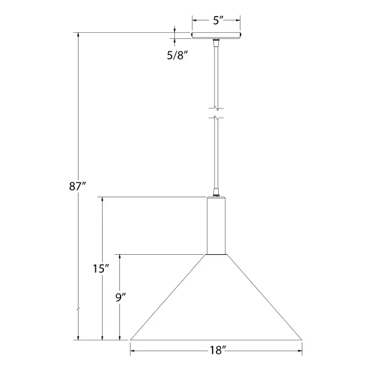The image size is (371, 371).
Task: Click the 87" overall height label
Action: [x=77, y=187]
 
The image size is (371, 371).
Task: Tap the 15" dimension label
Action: [x=101, y=268]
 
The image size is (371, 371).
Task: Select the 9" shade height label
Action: [x=121, y=297]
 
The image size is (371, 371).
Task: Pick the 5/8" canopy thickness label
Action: [x=177, y=56]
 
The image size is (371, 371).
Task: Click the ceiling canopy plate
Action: [x=216, y=35]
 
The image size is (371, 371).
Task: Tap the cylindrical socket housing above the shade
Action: [x=216, y=226]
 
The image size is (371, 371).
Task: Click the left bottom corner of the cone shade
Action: [x=130, y=340]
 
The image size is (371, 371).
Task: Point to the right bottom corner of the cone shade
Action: [x=302, y=340]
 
